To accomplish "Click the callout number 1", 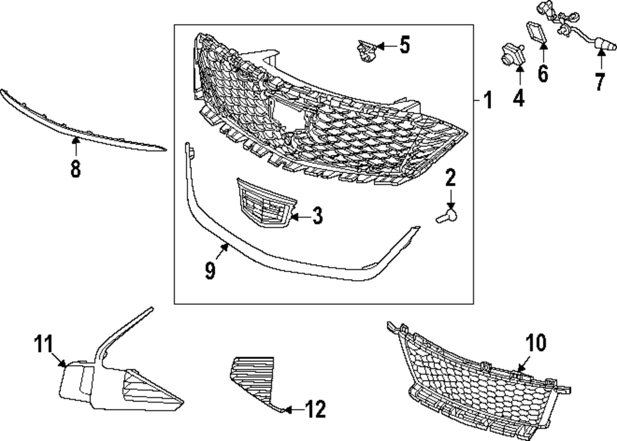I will tap(487, 100).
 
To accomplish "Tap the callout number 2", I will tap(450, 179).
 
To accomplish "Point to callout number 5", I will tap(404, 45).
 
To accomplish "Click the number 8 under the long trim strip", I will tap(75, 169).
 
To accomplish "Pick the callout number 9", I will tap(210, 270).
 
